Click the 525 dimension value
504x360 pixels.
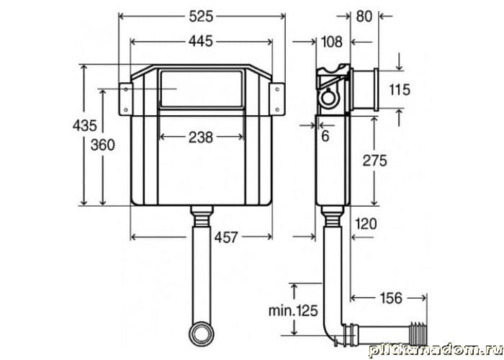[201, 17]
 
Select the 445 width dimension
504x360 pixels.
[201, 42]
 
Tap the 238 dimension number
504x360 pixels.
[201, 138]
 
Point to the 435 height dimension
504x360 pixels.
[84, 125]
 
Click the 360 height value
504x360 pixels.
[102, 145]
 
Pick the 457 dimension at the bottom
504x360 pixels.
[226, 238]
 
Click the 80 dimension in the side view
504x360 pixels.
[364, 17]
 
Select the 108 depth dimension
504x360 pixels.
[331, 42]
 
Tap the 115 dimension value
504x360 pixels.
[400, 90]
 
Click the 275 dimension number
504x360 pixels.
[375, 161]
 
